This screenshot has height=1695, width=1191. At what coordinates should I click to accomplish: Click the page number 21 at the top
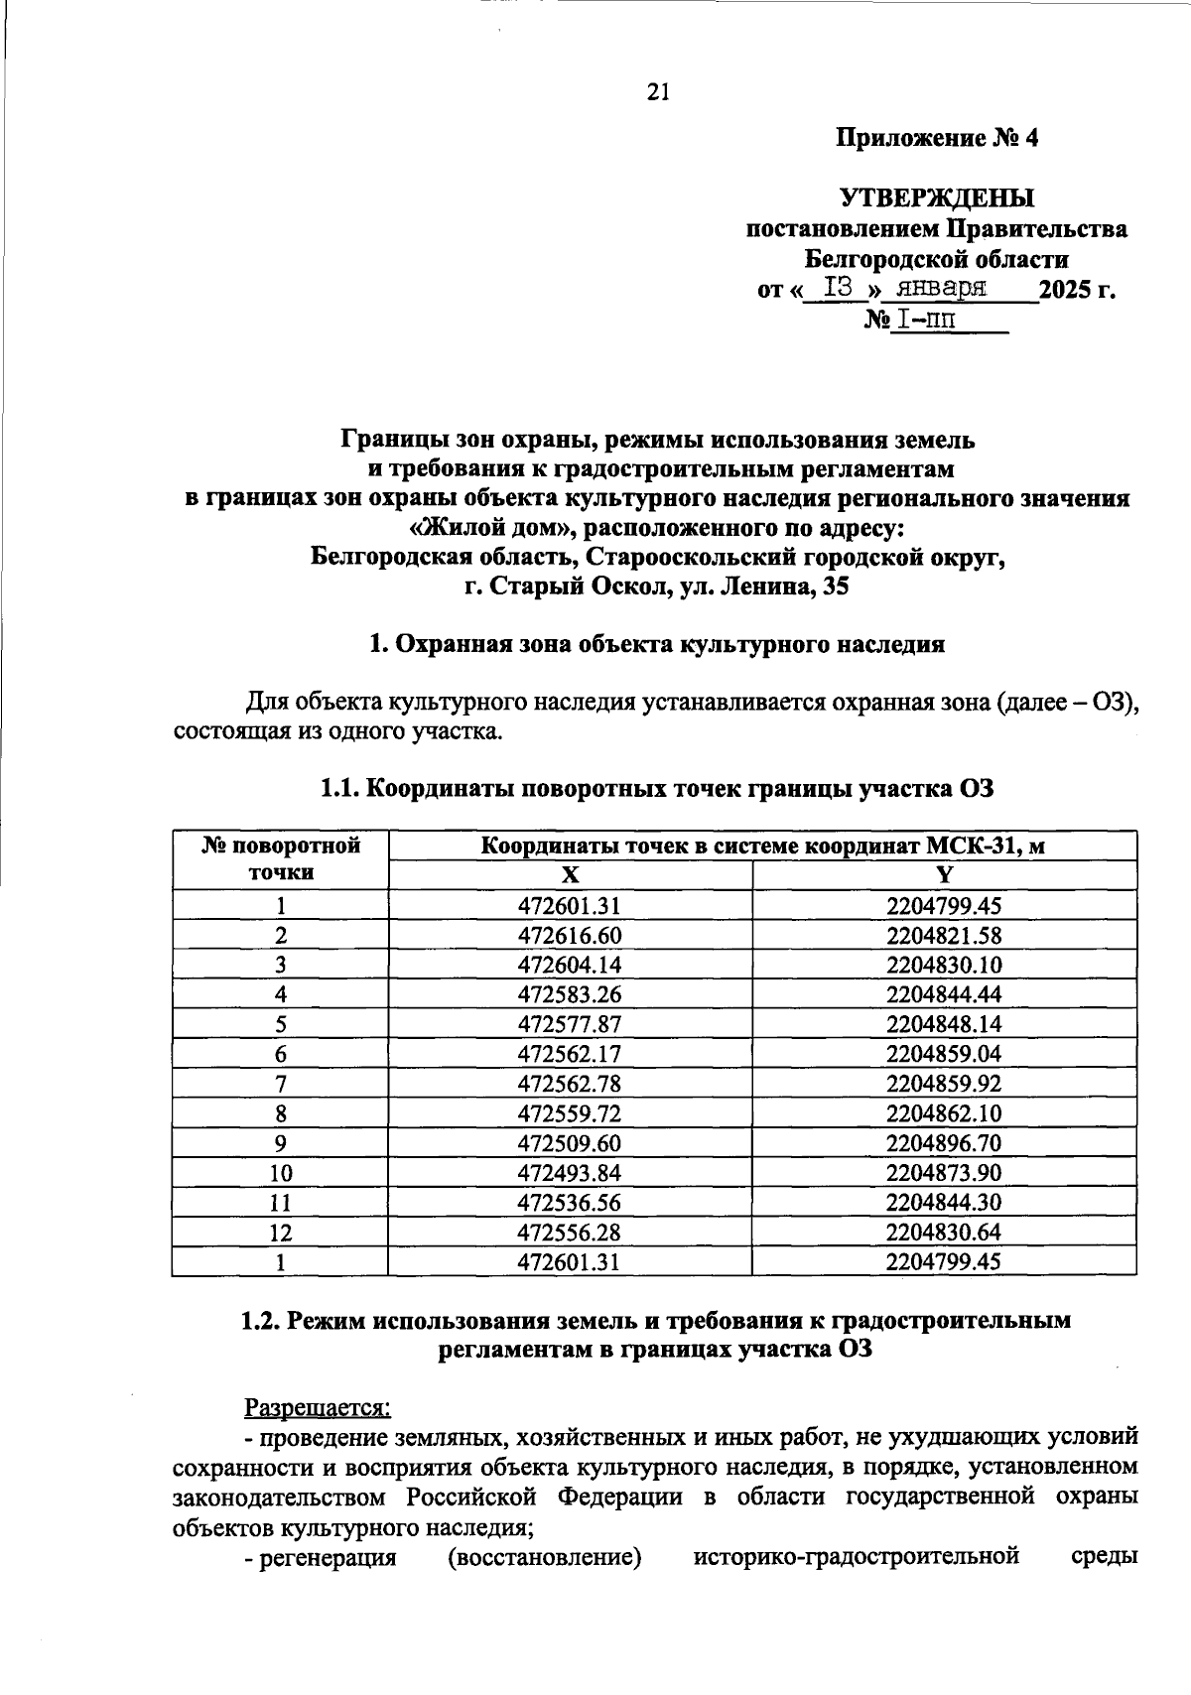658,92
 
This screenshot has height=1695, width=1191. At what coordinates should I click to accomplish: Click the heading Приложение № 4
936,138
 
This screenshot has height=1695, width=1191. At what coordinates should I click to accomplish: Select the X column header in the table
569,874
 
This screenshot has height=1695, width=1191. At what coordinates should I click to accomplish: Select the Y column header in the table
944,874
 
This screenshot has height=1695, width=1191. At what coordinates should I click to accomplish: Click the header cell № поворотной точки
281,859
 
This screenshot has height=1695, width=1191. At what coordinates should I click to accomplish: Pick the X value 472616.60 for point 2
569,935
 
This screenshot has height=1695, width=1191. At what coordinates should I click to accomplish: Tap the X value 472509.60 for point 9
569,1143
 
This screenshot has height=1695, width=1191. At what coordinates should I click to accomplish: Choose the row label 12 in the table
281,1233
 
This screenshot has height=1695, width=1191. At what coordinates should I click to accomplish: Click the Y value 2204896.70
944,1143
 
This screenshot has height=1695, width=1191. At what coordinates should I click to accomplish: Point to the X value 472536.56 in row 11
569,1203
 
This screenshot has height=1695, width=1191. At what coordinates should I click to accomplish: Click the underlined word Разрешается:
319,1407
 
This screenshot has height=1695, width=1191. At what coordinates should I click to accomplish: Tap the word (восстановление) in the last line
544,1557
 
